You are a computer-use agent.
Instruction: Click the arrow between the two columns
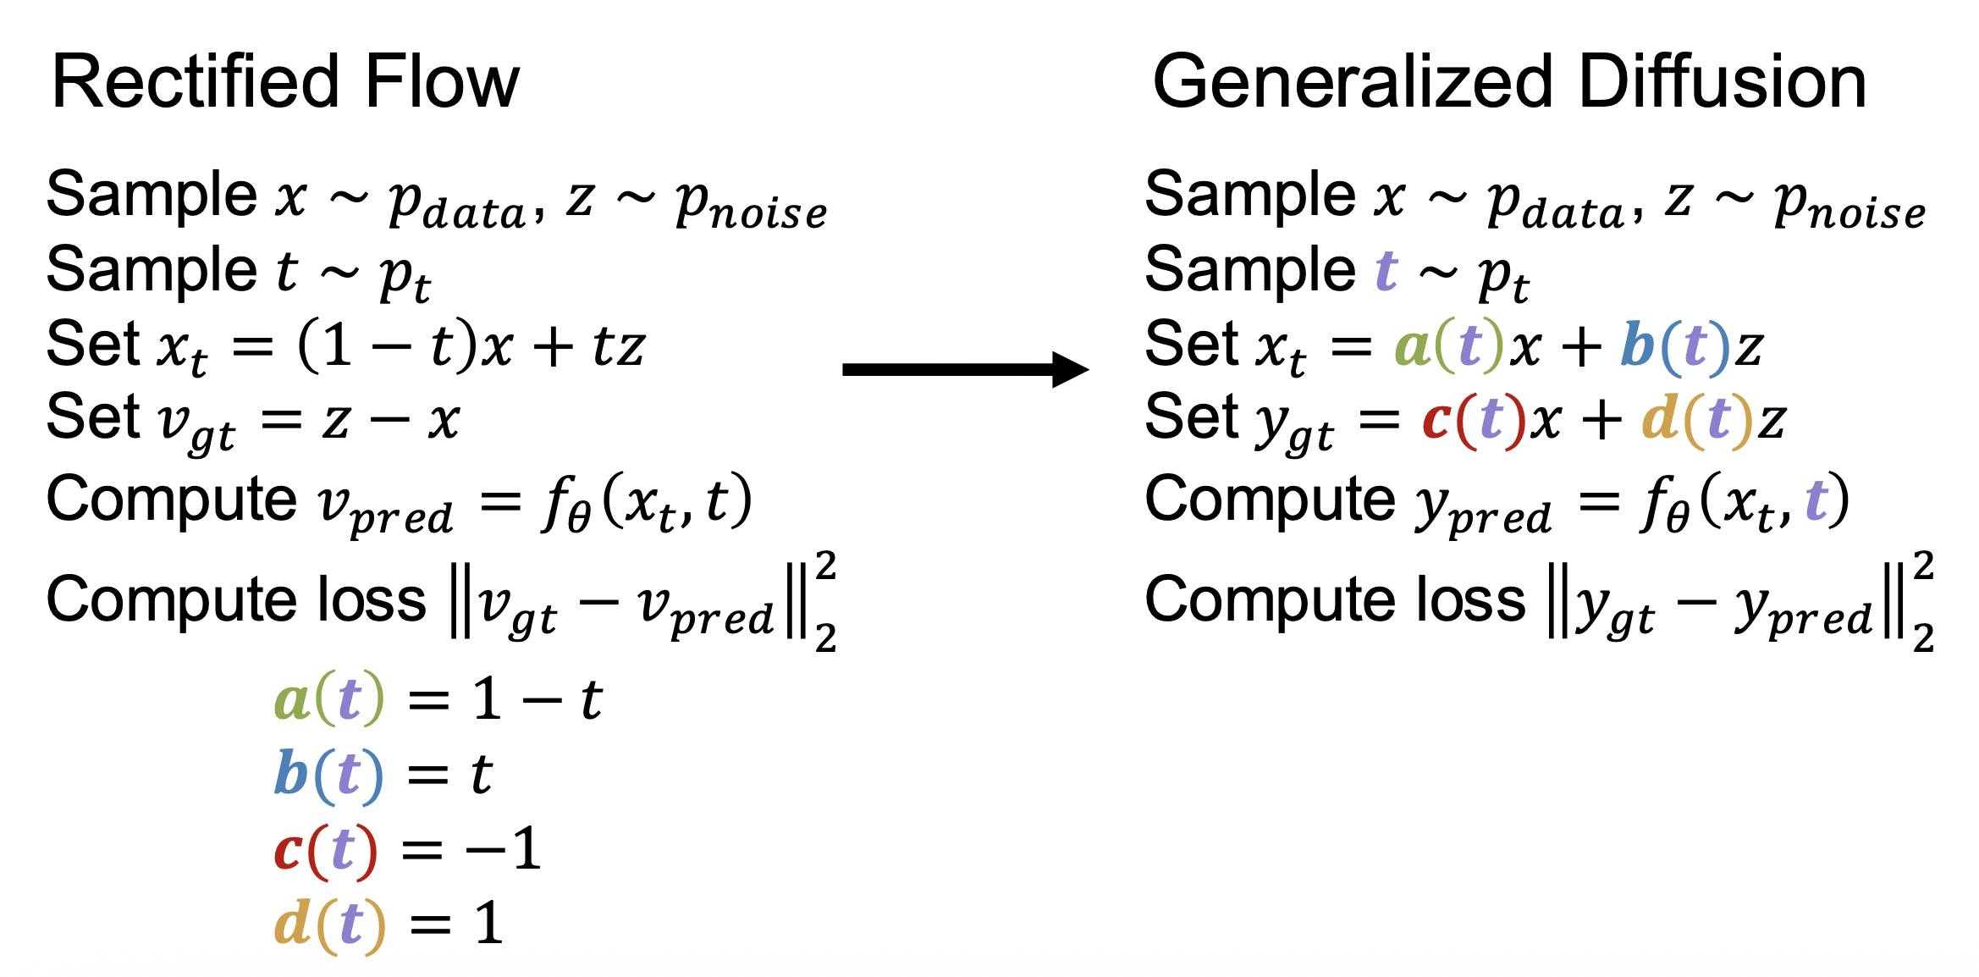click(965, 369)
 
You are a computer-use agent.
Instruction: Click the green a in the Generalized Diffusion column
click(1412, 346)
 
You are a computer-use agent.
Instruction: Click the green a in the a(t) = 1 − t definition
click(291, 700)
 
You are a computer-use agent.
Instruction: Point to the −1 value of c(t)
click(504, 848)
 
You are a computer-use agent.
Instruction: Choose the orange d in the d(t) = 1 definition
click(292, 922)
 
